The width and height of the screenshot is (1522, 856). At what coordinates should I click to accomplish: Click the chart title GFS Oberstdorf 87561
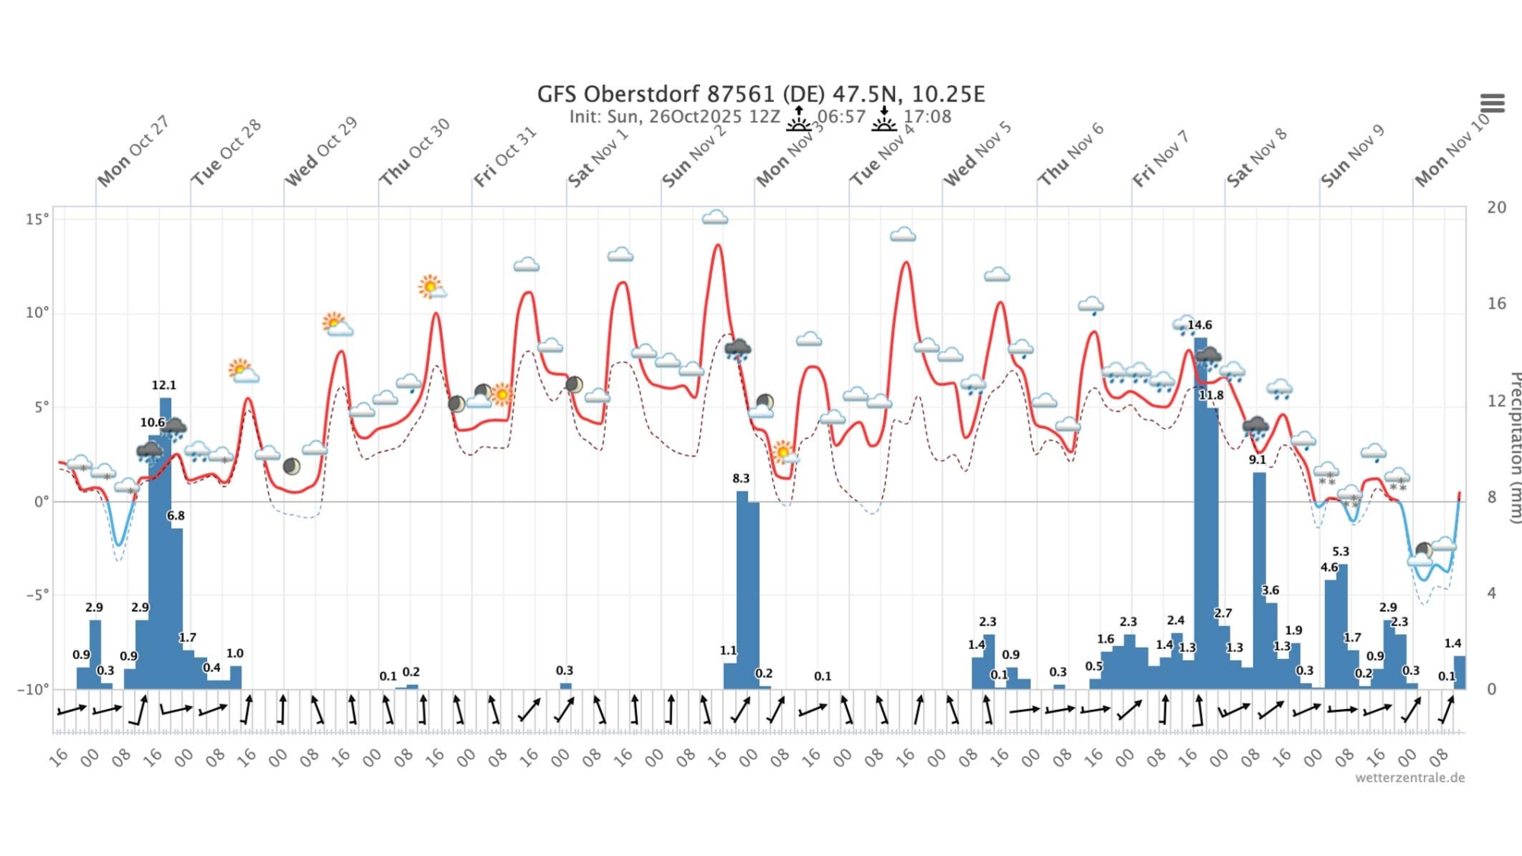tap(761, 94)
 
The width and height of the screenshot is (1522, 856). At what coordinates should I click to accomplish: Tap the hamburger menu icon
tap(1492, 103)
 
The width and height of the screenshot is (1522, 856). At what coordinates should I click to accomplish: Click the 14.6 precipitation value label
tap(1199, 325)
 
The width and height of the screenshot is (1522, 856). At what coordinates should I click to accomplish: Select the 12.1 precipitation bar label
tap(164, 385)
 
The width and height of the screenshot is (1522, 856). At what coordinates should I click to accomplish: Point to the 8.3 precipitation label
tap(740, 479)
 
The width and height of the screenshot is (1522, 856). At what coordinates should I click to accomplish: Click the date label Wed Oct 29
tap(320, 152)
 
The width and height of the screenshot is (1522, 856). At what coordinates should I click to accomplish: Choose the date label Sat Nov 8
tap(1256, 158)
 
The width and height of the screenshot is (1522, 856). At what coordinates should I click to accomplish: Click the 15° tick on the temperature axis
tap(37, 219)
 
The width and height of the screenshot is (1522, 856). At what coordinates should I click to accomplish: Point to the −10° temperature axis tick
tap(33, 689)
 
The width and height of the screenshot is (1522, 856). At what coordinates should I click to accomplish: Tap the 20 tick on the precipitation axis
tap(1496, 207)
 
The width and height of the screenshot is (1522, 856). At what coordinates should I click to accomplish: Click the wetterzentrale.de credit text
tap(1409, 778)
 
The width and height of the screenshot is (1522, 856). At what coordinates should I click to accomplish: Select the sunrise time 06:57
tap(841, 117)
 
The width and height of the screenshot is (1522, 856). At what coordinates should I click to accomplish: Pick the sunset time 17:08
tap(927, 117)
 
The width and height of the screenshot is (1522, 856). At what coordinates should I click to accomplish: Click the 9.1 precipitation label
tap(1257, 460)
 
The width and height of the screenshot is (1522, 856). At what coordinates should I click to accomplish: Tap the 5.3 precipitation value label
tap(1340, 552)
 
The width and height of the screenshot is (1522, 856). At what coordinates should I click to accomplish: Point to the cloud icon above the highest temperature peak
tap(715, 218)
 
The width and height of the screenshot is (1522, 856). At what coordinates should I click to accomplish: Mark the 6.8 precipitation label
tap(176, 516)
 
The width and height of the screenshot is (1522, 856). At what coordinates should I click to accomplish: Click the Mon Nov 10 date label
tap(1451, 151)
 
